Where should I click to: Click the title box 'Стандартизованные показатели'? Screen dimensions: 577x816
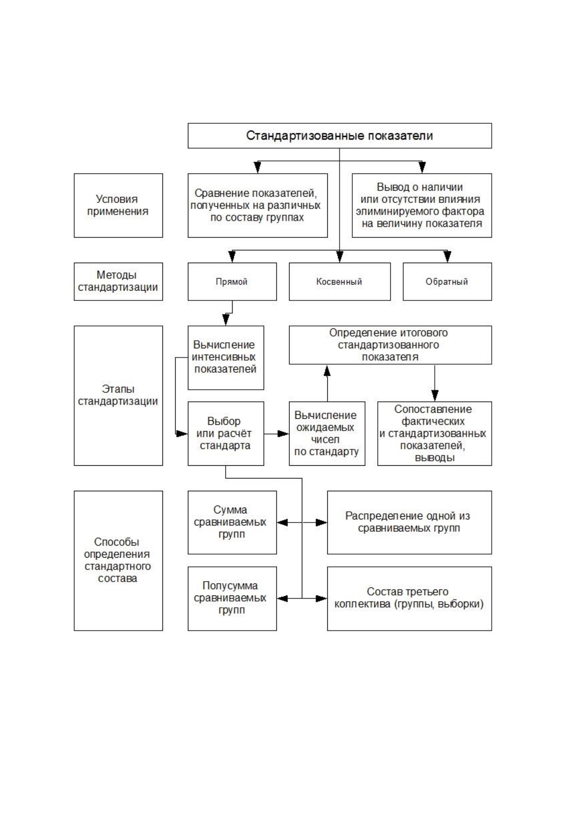[340, 136]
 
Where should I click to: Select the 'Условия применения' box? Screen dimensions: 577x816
[118, 205]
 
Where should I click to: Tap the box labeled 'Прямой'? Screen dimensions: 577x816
[232, 281]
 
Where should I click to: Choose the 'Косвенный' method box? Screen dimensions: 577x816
[340, 281]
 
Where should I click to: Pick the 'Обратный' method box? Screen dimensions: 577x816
[447, 281]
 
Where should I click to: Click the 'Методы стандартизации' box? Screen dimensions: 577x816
[118, 281]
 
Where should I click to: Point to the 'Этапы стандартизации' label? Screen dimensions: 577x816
[118, 395]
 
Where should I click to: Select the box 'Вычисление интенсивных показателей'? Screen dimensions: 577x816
[226, 358]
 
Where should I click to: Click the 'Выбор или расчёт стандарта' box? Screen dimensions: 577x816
[226, 433]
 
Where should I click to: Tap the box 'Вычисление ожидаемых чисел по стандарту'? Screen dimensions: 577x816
[327, 433]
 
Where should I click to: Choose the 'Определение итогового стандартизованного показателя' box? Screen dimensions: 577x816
[390, 345]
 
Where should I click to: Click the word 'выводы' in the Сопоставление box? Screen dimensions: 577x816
[434, 458]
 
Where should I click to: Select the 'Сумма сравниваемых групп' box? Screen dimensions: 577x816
[232, 522]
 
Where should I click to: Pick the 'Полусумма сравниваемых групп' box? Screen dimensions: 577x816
[232, 598]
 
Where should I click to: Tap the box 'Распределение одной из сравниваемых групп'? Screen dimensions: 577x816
[409, 522]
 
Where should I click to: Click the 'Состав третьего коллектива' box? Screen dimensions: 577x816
[409, 598]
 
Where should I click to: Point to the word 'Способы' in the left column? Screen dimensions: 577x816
[117, 542]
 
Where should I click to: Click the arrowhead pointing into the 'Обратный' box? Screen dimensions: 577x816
[447, 257]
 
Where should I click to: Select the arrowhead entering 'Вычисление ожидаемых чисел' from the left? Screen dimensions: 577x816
[283, 433]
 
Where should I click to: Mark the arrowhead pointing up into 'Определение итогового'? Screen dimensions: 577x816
[327, 371]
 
